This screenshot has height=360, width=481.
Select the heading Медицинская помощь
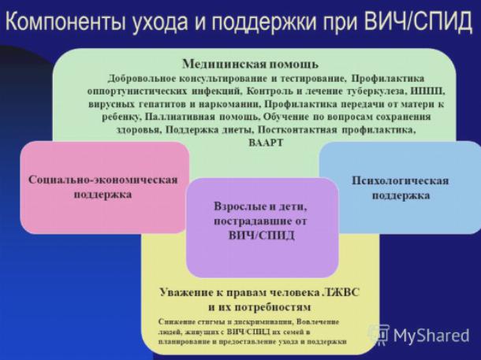pyautogui.click(x=250, y=65)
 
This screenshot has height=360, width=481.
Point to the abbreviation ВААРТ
pyautogui.click(x=266, y=143)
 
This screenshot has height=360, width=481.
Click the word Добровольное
pyautogui.click(x=142, y=79)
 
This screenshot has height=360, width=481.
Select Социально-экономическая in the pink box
pyautogui.click(x=103, y=180)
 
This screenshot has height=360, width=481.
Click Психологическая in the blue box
pyautogui.click(x=400, y=180)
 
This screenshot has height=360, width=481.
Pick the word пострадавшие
pyautogui.click(x=250, y=221)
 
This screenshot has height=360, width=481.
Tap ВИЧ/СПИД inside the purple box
pyautogui.click(x=261, y=236)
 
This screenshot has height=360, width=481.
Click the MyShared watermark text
pyautogui.click(x=431, y=336)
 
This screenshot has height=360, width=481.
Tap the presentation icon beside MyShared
pyautogui.click(x=379, y=335)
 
